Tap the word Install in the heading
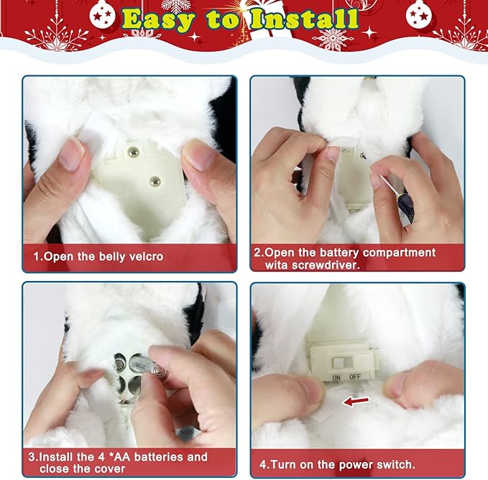(x=305, y=19)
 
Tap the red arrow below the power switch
(x=356, y=400)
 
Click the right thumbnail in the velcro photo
(x=199, y=154)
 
